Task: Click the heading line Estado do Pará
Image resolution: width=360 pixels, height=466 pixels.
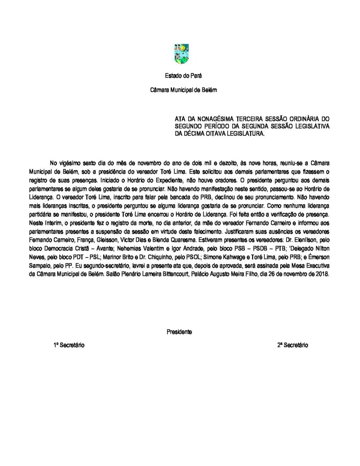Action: click(x=179, y=75)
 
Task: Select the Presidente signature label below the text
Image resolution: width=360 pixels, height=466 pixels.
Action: click(x=179, y=332)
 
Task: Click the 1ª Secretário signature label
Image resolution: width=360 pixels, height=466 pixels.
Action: click(x=69, y=345)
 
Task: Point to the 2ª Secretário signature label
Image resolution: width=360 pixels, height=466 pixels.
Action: click(x=293, y=345)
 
